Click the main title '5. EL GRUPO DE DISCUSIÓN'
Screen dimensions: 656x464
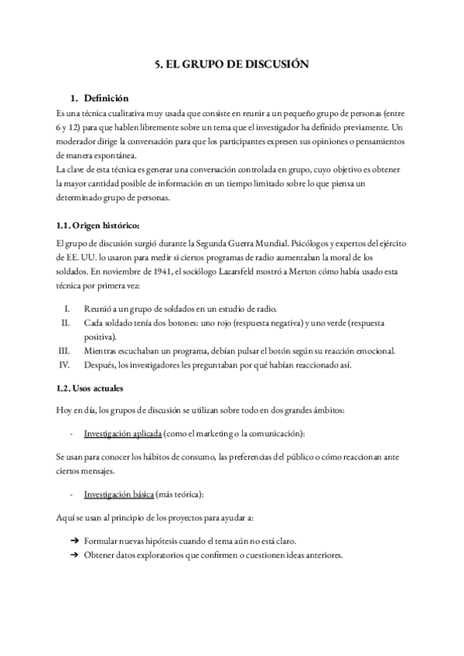pyautogui.click(x=232, y=66)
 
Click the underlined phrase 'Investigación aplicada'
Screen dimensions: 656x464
pyautogui.click(x=118, y=432)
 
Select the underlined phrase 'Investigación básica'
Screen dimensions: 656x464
pyautogui.click(x=114, y=494)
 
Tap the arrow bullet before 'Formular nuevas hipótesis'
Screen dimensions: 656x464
pyautogui.click(x=74, y=540)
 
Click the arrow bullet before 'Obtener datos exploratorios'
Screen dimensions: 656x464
pyautogui.click(x=74, y=555)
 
